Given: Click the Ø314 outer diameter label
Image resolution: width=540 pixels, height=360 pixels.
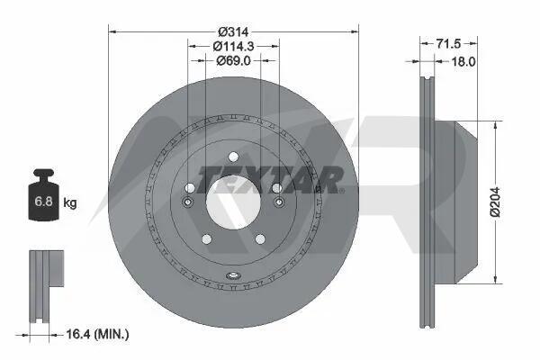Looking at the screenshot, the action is point(233,32).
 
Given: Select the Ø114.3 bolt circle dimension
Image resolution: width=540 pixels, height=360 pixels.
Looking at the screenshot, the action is point(233,46).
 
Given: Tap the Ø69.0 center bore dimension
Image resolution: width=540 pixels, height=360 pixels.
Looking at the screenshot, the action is point(233,60).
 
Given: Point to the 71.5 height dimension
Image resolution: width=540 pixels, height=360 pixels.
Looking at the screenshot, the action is point(448,44).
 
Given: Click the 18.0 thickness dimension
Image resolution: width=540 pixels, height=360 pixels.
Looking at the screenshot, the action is point(463,62).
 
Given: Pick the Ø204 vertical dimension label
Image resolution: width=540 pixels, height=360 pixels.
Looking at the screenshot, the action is point(495,202).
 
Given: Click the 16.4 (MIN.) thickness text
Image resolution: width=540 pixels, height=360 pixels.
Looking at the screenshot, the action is point(97,334).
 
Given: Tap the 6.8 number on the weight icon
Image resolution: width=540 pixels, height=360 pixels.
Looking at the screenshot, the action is point(44,201).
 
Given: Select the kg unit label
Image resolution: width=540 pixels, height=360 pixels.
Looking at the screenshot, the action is point(70,202).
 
